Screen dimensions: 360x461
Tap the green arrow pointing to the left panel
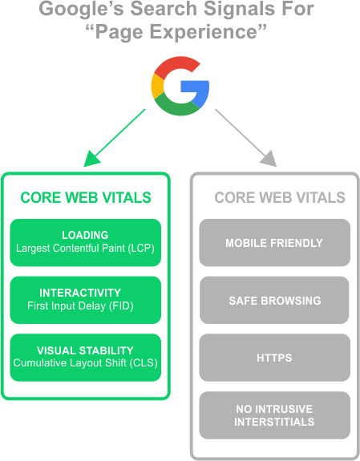point(115,138)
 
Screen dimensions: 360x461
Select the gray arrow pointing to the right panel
point(246,138)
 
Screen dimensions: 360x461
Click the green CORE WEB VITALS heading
point(86,197)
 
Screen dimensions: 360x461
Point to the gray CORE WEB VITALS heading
point(280,197)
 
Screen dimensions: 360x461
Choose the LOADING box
point(86,243)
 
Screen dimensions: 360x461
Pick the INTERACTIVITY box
point(86,300)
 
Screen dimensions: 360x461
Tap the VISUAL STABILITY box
point(86,358)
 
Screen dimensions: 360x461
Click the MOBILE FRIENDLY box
point(275,243)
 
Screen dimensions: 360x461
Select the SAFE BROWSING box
point(275,300)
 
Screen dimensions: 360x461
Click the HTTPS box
point(275,358)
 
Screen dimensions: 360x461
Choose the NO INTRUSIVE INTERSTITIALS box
point(275,415)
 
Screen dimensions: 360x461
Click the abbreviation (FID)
point(121,306)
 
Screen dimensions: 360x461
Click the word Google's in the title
point(82,9)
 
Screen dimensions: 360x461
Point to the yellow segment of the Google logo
point(157,86)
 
